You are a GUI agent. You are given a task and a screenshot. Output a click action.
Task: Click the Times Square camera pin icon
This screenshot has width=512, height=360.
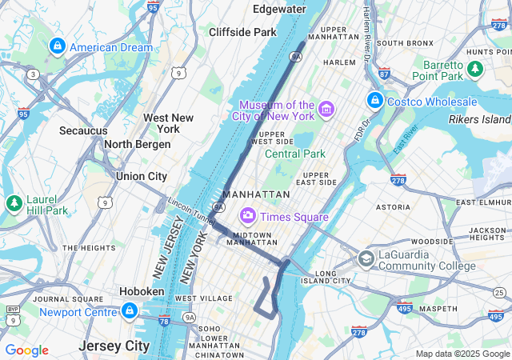click(248, 216)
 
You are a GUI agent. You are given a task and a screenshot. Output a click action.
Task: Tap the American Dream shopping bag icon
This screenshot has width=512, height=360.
click(57, 47)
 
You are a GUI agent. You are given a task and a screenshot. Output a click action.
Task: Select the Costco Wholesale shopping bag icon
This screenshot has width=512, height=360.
click(374, 101)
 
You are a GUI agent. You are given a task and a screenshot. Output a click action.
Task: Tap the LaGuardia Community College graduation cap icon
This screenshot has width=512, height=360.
click(366, 259)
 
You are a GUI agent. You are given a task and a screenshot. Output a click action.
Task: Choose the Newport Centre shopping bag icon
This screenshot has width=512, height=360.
click(129, 311)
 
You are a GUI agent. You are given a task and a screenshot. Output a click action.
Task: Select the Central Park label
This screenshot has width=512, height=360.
click(295, 154)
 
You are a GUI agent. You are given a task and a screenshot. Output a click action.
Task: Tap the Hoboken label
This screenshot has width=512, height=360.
click(142, 292)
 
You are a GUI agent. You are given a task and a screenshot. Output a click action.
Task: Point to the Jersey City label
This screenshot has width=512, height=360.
click(114, 346)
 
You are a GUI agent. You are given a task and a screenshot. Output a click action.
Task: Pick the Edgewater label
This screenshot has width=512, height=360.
click(279, 9)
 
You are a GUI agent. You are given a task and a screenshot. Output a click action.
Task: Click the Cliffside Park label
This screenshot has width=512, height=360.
click(242, 32)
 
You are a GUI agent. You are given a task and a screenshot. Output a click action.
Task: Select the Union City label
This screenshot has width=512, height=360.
click(142, 176)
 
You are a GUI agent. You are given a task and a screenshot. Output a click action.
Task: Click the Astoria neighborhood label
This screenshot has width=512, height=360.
click(393, 206)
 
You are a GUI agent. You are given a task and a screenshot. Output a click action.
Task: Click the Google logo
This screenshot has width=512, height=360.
click(26, 350)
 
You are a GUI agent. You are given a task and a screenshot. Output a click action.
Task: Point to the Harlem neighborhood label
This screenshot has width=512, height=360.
click(339, 62)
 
